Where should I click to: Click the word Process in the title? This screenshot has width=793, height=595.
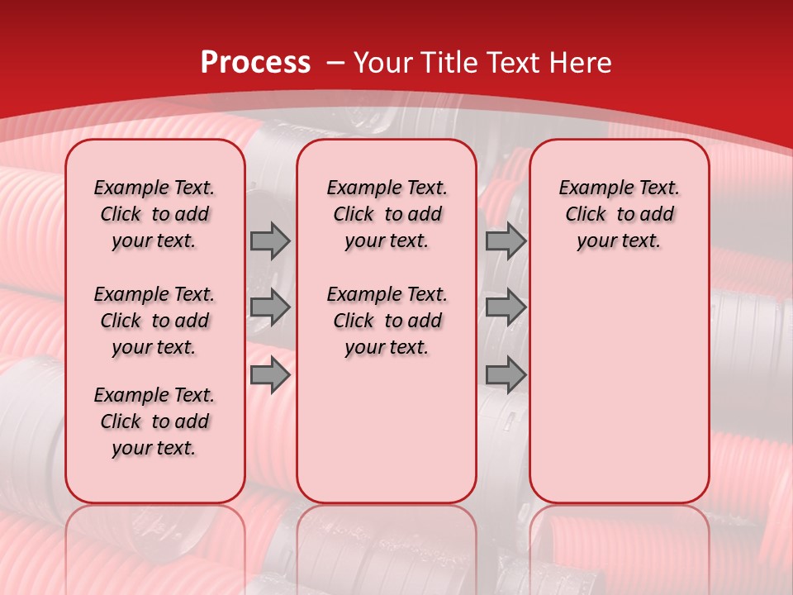(x=255, y=63)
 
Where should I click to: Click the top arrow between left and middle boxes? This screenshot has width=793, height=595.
(x=270, y=240)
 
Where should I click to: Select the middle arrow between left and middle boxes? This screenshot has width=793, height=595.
(x=270, y=307)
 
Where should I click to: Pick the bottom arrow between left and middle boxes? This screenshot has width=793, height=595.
(x=270, y=375)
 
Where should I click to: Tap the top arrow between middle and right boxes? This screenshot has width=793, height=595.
(x=506, y=240)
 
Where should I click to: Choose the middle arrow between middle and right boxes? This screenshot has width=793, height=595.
(x=506, y=307)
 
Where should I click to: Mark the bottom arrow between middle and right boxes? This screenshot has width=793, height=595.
(x=506, y=375)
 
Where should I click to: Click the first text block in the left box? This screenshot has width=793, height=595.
(x=154, y=214)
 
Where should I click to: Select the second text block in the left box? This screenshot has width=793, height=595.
(x=154, y=321)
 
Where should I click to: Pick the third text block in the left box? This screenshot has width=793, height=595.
(x=154, y=421)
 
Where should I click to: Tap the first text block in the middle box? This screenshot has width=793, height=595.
(x=387, y=214)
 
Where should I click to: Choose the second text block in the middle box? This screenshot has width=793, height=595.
(x=387, y=321)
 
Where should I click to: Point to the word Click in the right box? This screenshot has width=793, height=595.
(x=586, y=215)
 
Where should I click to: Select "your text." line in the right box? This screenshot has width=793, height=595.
(x=619, y=241)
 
